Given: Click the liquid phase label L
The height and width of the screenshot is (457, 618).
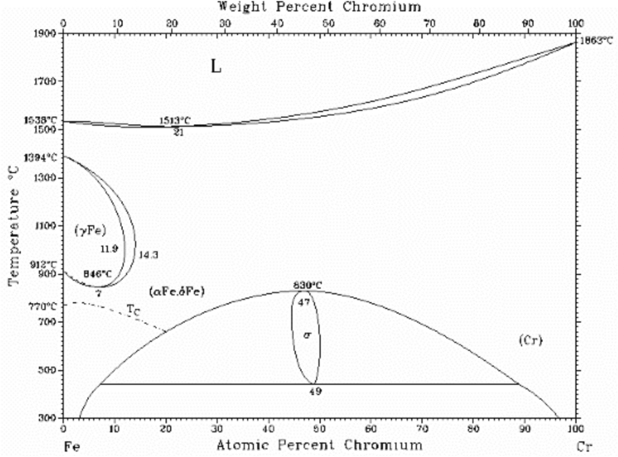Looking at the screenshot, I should coord(216,66).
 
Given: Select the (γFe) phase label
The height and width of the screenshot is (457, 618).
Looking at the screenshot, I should coord(90,230).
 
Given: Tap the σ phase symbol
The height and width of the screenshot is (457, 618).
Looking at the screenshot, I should coord(307,335).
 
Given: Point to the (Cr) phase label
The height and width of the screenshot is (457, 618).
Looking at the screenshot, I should coord(530,340).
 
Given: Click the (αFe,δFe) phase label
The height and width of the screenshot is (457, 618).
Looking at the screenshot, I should coord(177,292).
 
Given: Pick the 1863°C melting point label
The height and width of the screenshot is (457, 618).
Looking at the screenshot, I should coord(596,40).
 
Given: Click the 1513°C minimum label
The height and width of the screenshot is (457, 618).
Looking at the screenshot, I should coord(175,120).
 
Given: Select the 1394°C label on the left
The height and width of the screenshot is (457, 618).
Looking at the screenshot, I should coord(40,157).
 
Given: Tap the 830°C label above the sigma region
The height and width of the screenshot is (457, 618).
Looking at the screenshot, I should coord(308,285).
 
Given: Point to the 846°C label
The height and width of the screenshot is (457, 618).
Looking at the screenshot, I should coord(97,274).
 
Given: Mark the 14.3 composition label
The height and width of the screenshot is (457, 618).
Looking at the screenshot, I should coord(148,255).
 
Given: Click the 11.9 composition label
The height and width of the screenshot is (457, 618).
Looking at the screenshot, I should coord(109,248).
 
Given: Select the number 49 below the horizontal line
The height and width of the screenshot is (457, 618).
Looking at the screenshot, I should coord(315,391).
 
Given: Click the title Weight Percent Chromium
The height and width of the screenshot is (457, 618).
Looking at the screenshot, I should coord(320,7).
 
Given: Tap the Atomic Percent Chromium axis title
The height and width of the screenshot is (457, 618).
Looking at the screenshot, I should coord(320,445).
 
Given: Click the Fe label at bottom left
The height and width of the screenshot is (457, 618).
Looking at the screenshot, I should coord(72,447).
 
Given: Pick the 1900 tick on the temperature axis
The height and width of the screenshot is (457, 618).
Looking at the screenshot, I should coord(45,33).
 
